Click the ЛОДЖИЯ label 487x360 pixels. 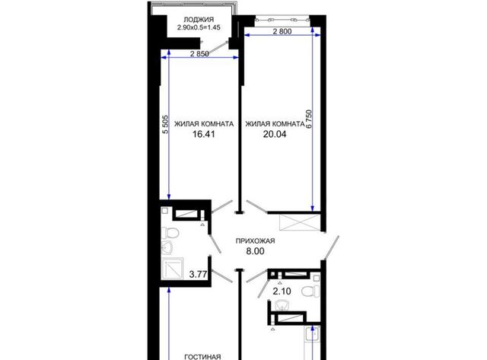pos(199,20)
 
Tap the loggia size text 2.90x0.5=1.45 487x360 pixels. pos(199,27)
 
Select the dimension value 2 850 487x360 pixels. pos(199,54)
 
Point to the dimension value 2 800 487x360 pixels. pos(282,31)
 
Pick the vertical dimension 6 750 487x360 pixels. pos(308,119)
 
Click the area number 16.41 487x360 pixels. pos(203,134)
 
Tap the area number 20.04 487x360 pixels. pos(275,134)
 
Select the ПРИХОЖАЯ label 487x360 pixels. pos(256,241)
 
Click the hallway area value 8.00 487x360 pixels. pos(256,251)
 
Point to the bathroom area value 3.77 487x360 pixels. pos(199,274)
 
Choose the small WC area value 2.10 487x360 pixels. pos(282,292)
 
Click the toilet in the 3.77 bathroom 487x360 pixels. pos(170,232)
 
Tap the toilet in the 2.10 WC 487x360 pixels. pos(311,291)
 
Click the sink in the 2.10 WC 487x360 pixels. pos(282,306)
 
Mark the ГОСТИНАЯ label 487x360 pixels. pos(203,357)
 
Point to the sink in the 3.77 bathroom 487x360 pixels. pos(167,247)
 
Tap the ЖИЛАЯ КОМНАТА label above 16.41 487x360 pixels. pos(204,124)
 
